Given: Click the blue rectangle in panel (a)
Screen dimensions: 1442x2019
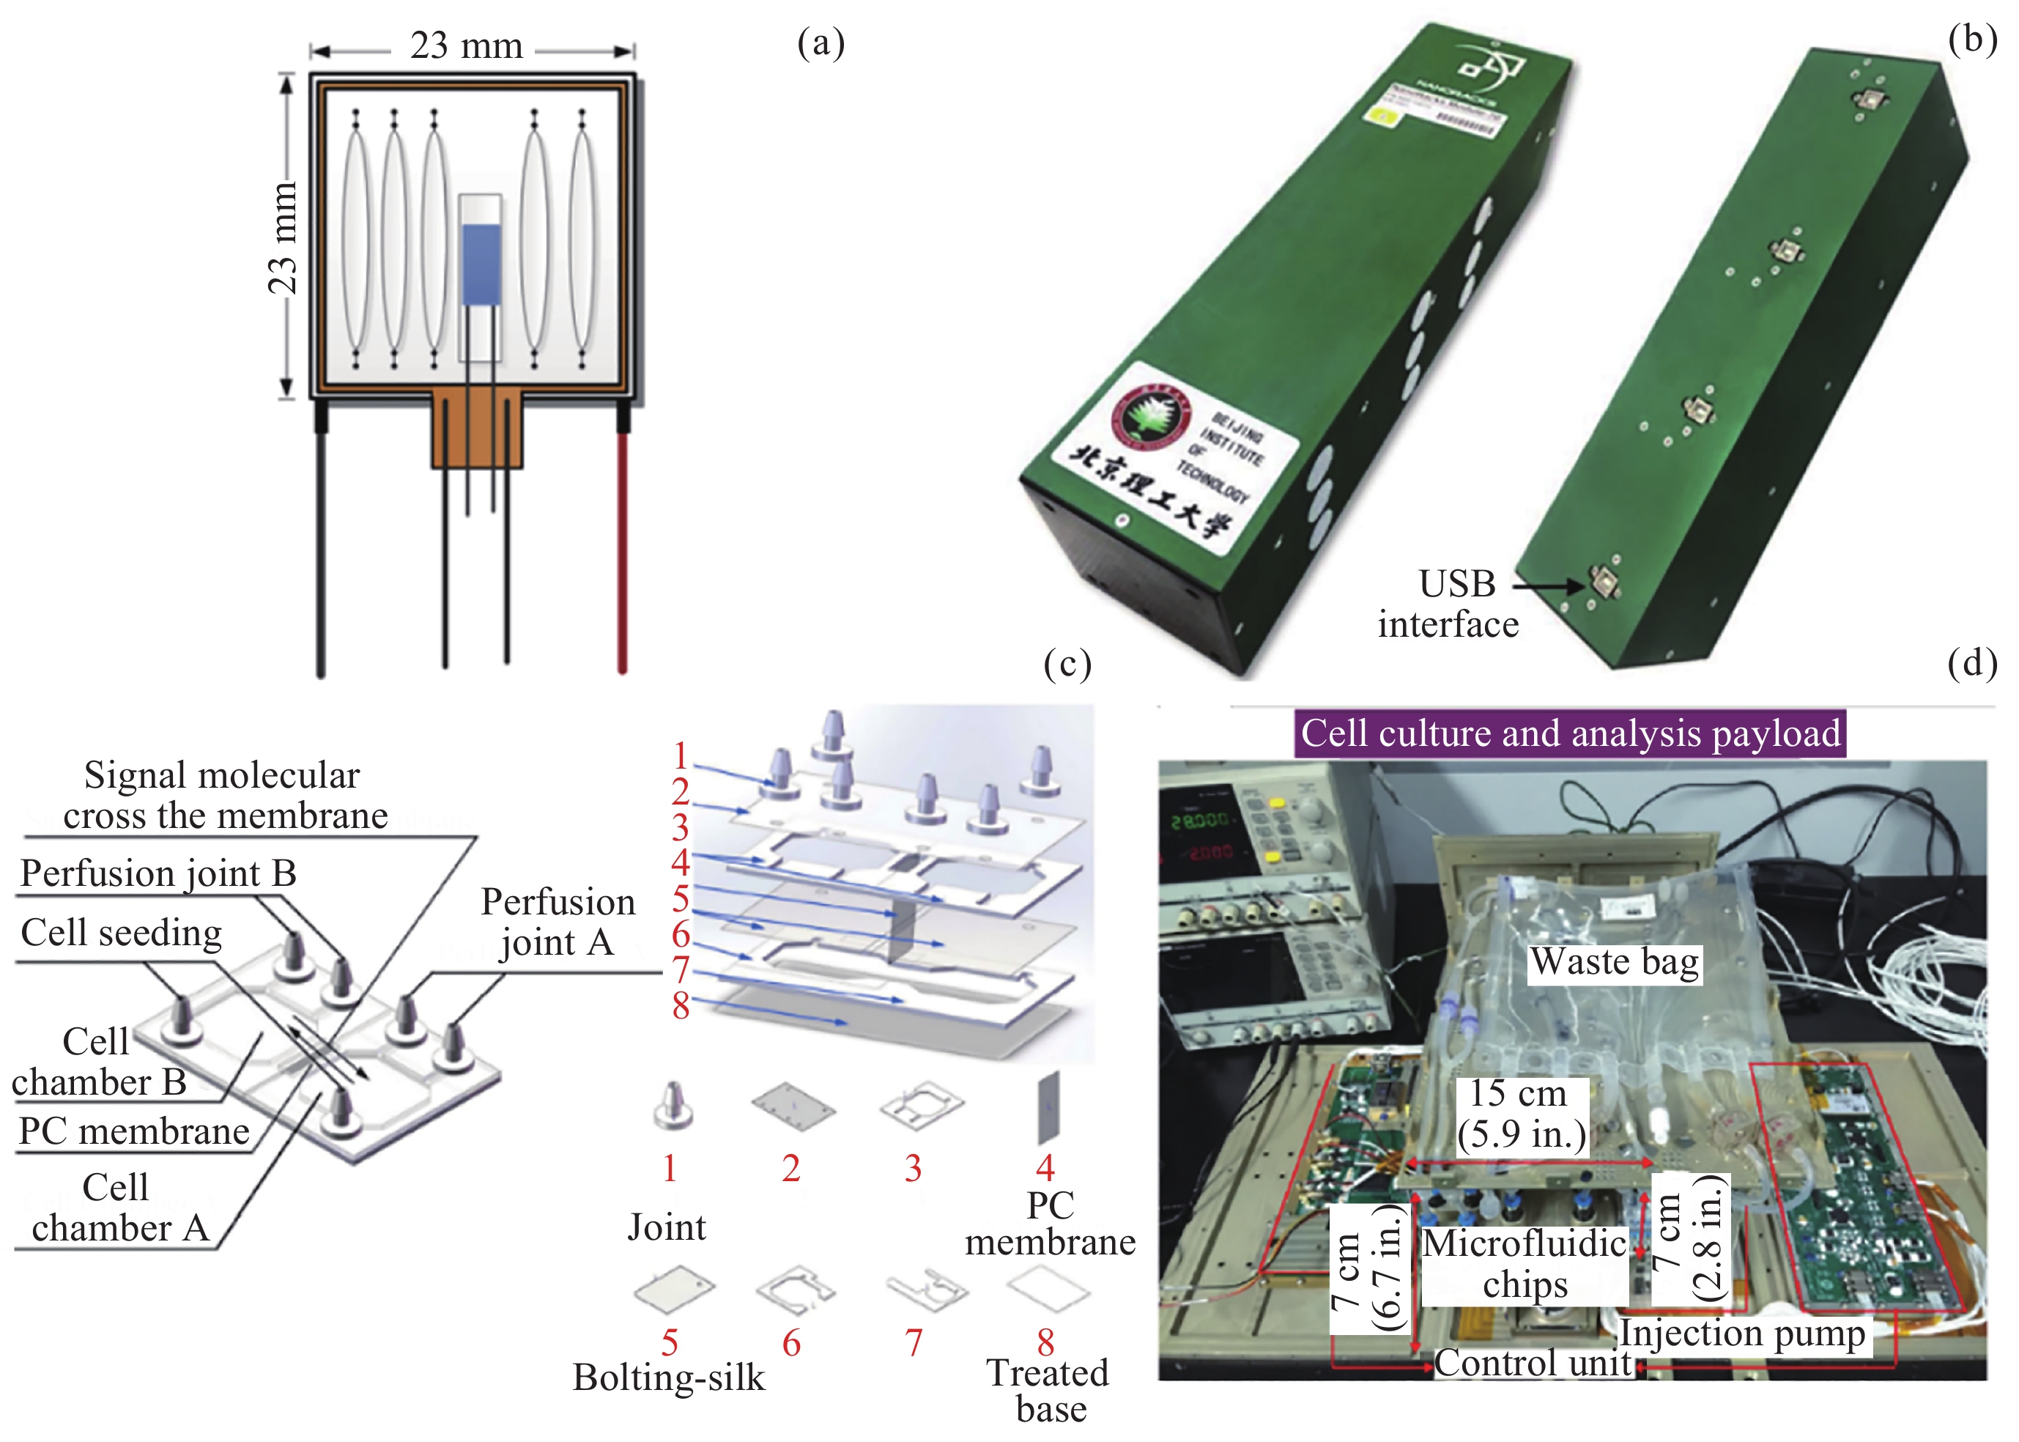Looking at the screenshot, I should point(481,264).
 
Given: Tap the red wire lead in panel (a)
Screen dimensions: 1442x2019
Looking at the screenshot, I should point(623,550).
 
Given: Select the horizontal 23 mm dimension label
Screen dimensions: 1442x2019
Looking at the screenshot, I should point(466,46).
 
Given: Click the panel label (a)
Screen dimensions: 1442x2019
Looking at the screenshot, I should point(820,42).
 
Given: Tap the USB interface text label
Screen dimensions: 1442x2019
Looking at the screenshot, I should point(1449,604).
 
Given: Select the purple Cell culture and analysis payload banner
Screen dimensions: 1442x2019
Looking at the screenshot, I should point(1570,733).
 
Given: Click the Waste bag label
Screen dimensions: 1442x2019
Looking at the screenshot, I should point(1614,961).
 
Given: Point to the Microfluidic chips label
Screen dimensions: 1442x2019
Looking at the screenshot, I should point(1525,1263).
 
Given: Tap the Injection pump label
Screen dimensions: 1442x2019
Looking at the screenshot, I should point(1742,1334).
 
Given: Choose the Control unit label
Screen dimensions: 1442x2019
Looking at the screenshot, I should point(1533,1364).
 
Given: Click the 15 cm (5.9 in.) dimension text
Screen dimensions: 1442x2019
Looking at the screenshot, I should point(1521,1114).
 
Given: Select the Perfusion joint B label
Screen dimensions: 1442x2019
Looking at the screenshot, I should point(158,873).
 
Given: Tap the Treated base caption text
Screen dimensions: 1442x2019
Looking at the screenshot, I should point(1048,1391).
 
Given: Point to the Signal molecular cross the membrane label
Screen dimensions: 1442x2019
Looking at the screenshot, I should point(223,796).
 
